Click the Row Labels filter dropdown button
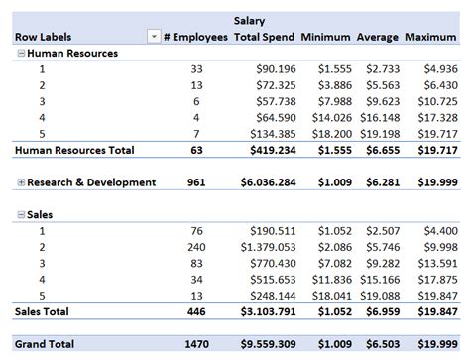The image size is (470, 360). coord(153,37)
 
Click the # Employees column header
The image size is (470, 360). coord(197,37)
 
